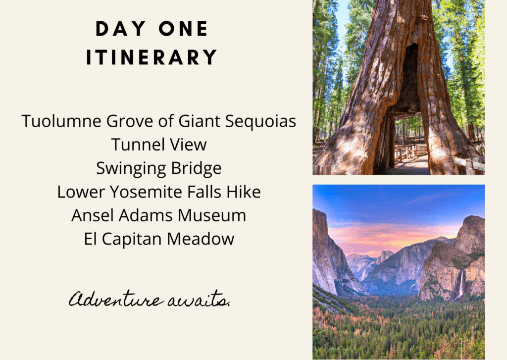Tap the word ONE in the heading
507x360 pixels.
(183, 28)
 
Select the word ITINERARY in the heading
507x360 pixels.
(152, 57)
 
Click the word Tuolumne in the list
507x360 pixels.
(61, 121)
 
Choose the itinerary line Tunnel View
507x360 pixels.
(159, 145)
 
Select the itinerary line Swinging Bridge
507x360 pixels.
(159, 168)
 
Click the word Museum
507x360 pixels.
(212, 215)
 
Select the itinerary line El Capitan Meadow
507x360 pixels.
(159, 239)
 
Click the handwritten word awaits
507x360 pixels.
(199, 299)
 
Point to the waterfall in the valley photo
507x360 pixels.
(461, 284)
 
